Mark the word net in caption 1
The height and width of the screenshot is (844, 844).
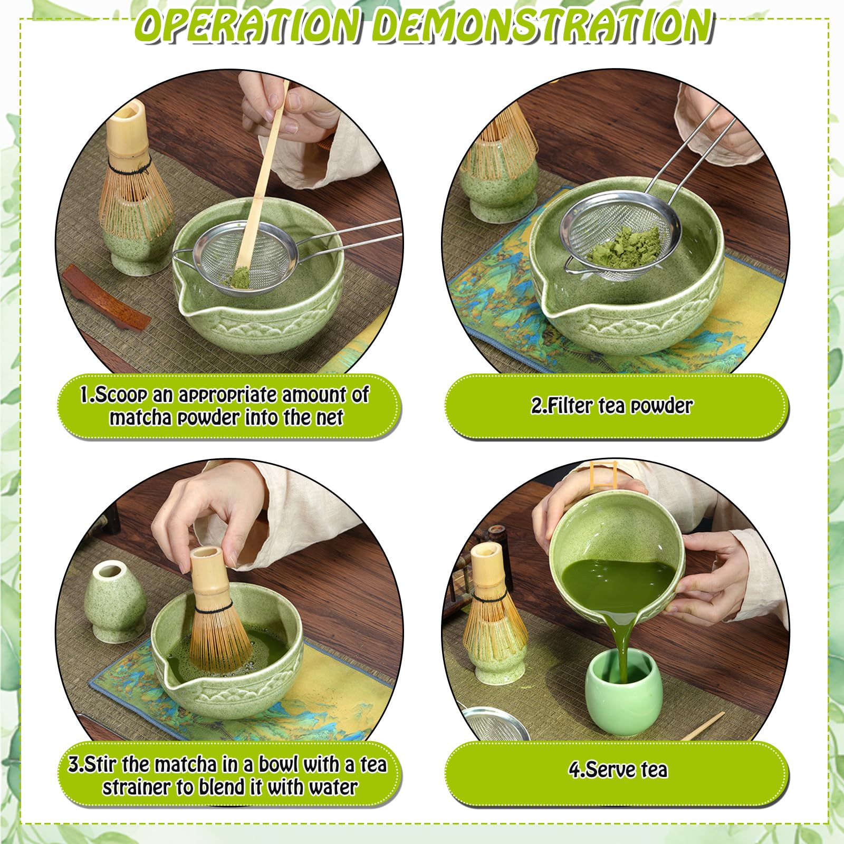click(329, 417)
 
